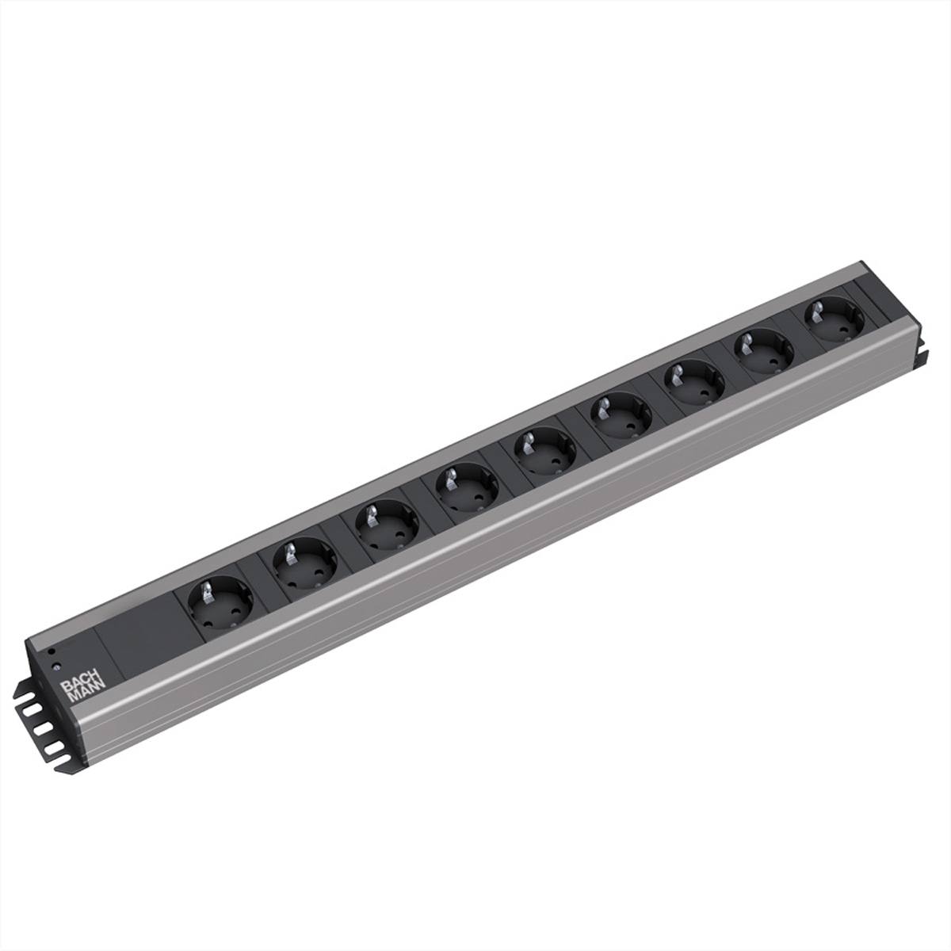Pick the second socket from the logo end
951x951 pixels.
(x=304, y=561)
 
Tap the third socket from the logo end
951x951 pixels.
(x=386, y=525)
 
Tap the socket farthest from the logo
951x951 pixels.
(x=834, y=318)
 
